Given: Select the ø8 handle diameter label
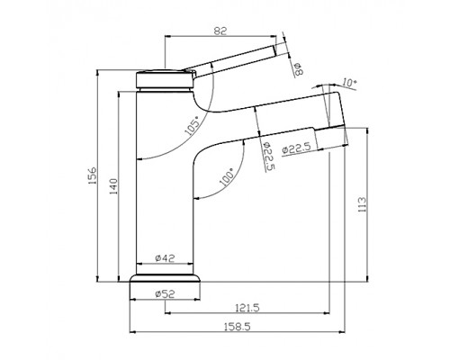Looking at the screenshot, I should (x=296, y=66).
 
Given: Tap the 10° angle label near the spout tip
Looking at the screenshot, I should (x=349, y=83).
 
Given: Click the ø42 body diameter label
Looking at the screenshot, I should (x=163, y=258).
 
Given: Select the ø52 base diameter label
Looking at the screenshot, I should (x=163, y=292).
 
